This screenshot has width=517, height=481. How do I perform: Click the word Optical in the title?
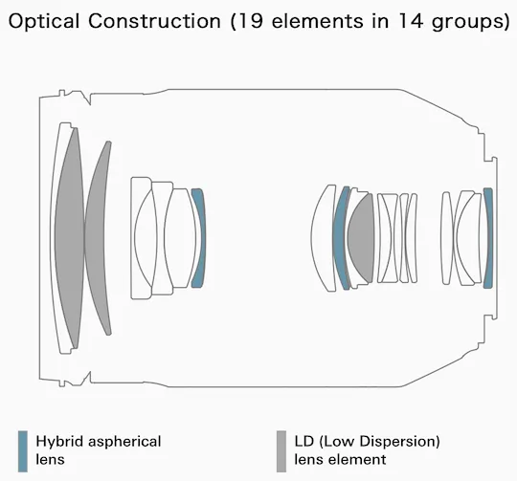pos(44,21)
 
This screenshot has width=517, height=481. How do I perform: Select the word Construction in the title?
pos(154,21)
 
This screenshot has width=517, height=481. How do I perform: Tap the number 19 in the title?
pos(250,21)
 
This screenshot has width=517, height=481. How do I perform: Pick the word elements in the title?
pos(317,21)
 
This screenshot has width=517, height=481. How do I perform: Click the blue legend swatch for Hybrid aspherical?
pos(23,451)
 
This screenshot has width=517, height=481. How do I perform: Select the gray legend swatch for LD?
pos(281,451)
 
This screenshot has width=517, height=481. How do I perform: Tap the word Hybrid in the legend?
pos(59,443)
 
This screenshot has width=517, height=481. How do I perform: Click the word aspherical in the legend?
pos(125,443)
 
